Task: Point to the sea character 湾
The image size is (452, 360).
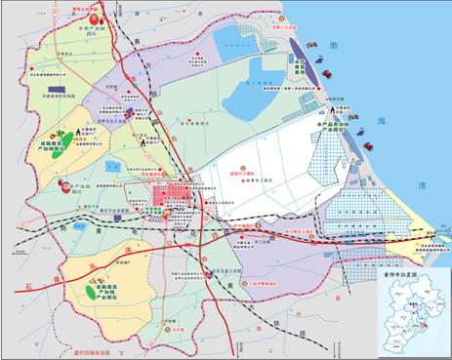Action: [422, 184]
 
